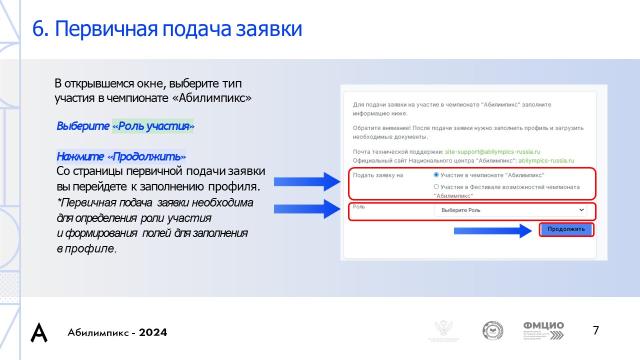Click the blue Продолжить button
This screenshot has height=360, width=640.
click(566, 229)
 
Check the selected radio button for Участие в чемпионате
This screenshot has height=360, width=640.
click(436, 175)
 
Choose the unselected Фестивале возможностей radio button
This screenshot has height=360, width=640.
click(436, 187)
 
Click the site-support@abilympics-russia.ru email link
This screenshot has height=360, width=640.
click(492, 151)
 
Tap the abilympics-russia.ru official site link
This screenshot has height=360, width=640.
click(546, 160)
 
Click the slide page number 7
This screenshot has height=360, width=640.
click(595, 330)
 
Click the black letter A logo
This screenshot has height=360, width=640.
click(39, 332)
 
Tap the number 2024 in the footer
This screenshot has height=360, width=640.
click(153, 332)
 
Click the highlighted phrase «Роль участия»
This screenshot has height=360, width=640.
click(153, 126)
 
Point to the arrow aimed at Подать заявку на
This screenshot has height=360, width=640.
click(306, 181)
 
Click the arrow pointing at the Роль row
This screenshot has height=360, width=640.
click(306, 208)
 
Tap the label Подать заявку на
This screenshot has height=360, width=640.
click(378, 175)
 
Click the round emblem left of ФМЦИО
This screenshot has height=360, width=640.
click(492, 331)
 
